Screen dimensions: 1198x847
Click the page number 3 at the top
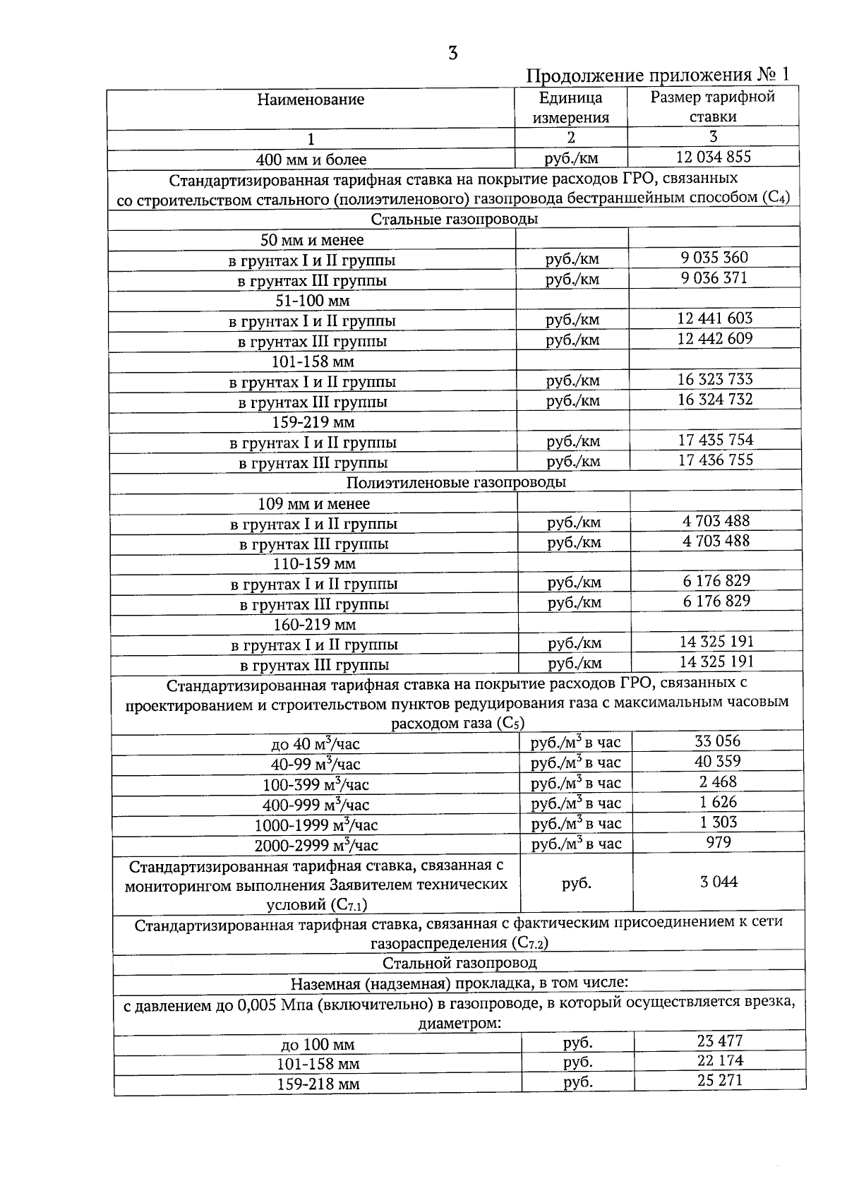tap(452, 54)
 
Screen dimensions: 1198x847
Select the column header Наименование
tap(311, 100)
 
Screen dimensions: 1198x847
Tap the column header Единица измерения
tap(570, 107)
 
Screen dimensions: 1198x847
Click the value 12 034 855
tap(714, 157)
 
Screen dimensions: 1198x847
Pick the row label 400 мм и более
tap(311, 160)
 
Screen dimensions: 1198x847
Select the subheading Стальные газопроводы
tap(454, 219)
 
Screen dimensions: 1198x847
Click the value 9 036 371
tap(714, 278)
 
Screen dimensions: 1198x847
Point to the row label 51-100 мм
tap(312, 301)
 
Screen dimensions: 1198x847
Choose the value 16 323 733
tap(715, 379)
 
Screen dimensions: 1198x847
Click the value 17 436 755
tap(716, 460)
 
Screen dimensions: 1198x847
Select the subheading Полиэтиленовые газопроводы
tap(456, 483)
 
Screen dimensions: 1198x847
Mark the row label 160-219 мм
tap(315, 625)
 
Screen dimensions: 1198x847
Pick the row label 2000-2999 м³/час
tap(316, 845)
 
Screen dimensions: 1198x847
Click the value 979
tap(719, 842)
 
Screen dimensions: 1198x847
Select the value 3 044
tap(719, 882)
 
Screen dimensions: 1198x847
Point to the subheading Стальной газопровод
tap(459, 963)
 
